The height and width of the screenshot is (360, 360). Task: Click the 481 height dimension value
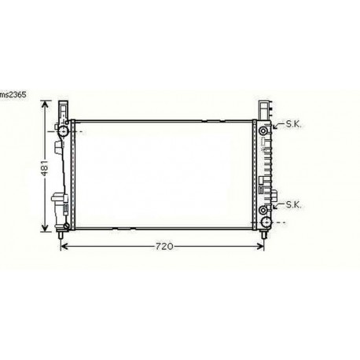point(46,168)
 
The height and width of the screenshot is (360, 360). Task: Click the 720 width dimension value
point(162,246)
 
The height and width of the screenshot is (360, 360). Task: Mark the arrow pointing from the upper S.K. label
point(277,127)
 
